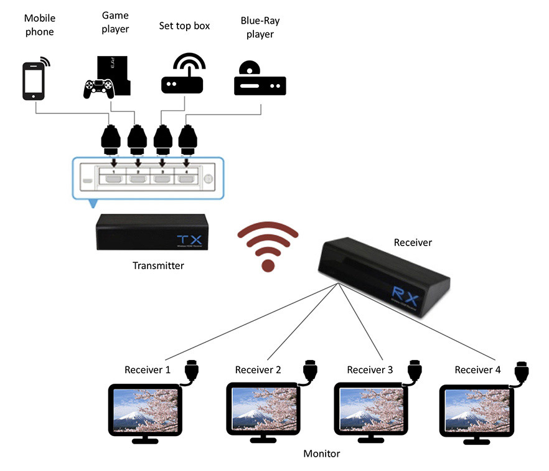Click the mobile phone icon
(34, 80)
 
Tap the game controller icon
(98, 88)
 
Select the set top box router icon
(182, 75)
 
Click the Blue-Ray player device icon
(259, 80)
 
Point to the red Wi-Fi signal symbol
(268, 247)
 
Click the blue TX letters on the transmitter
(186, 240)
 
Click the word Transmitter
(158, 266)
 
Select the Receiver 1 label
(148, 370)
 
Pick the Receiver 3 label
(370, 370)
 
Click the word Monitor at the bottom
(321, 454)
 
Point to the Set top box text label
(185, 26)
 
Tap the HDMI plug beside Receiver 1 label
(192, 372)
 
